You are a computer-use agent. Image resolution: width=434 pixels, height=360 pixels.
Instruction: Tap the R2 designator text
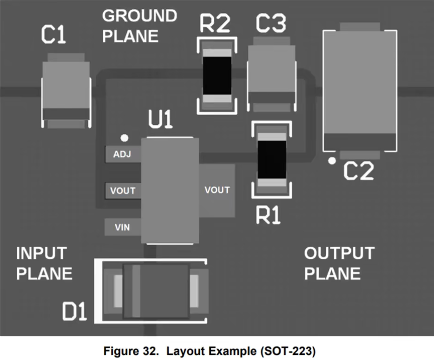coord(215,25)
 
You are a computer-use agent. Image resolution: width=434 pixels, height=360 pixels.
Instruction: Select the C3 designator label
coord(271,25)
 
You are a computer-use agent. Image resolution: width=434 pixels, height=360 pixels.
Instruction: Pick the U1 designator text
coord(161,121)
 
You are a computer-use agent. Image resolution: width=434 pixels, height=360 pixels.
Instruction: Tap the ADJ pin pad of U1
coord(123,155)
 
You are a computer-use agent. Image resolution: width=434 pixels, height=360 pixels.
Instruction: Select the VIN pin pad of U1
coord(123,228)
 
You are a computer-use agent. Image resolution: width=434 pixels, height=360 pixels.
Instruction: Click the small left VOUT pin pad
coord(123,190)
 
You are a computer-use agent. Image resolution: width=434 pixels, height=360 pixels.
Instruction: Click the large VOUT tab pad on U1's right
coord(217,190)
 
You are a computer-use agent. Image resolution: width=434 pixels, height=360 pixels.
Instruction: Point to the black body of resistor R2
coord(217,76)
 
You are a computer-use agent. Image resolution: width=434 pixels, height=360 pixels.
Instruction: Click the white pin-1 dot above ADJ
coord(124,138)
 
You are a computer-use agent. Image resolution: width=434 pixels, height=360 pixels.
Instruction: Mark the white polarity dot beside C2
coord(331,161)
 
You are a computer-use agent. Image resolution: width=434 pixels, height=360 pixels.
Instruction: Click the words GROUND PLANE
coord(139,26)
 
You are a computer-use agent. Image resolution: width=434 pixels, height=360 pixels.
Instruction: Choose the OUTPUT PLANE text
coord(339,263)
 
